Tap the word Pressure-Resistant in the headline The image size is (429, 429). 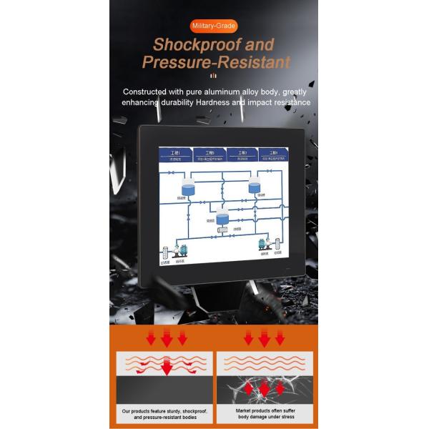click(x=216, y=62)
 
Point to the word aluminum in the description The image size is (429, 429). click(x=214, y=92)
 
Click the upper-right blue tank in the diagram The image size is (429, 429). click(x=255, y=187)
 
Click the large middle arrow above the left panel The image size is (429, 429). click(x=167, y=336)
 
